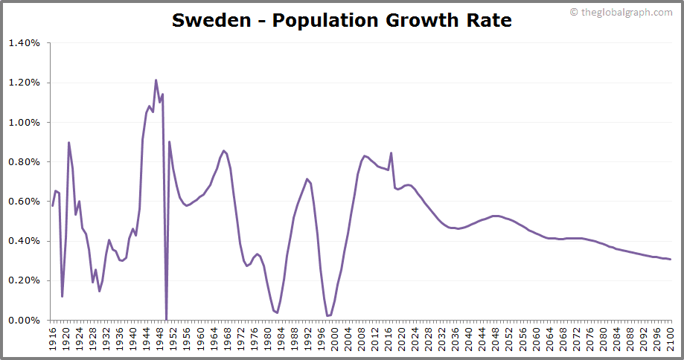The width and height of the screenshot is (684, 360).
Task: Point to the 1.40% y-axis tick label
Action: coord(25,43)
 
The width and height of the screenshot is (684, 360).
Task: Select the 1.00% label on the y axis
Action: coord(25,122)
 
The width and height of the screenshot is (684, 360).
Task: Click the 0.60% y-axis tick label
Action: coord(25,202)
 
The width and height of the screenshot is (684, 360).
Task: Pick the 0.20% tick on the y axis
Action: coord(25,280)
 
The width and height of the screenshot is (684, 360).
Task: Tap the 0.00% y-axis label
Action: coord(25,320)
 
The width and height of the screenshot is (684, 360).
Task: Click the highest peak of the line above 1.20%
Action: coord(156,80)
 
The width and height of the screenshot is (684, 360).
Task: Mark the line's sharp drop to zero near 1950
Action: coord(166,318)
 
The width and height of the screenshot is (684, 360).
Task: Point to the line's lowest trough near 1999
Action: coord(327,316)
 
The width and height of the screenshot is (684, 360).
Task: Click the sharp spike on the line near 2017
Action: coord(391,153)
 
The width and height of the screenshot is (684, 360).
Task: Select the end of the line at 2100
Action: coord(671,259)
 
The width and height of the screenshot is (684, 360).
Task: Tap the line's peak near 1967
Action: coord(223,150)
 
